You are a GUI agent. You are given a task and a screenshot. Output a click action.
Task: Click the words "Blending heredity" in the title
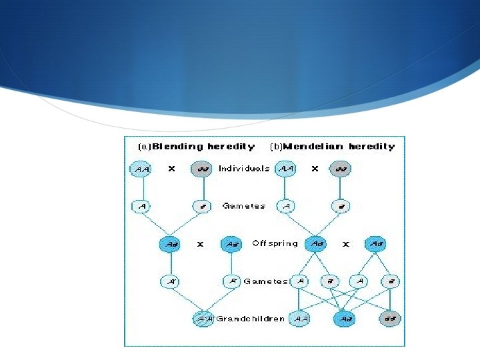point(204,147)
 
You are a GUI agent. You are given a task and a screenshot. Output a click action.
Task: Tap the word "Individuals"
point(244,169)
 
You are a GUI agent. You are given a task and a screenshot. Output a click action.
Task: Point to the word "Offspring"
point(275,244)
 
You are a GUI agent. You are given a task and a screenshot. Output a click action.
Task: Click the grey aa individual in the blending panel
point(201,169)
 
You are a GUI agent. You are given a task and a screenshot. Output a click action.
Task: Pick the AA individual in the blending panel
point(141,169)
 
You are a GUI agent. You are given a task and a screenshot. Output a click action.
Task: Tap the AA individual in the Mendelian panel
point(286,169)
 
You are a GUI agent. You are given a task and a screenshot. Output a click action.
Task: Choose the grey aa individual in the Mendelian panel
point(340,169)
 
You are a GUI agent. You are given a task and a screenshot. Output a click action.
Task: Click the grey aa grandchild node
point(390,319)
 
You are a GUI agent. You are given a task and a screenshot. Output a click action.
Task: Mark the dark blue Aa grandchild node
point(344,319)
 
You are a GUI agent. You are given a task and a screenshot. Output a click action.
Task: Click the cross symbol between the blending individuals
point(171,169)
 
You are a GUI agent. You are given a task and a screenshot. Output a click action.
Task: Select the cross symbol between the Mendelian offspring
point(346,245)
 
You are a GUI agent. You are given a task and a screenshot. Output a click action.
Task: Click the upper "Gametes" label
point(244,207)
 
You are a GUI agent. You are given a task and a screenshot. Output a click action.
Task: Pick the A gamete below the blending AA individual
point(141,207)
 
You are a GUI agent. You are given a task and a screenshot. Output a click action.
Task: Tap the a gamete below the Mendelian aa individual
point(340,207)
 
